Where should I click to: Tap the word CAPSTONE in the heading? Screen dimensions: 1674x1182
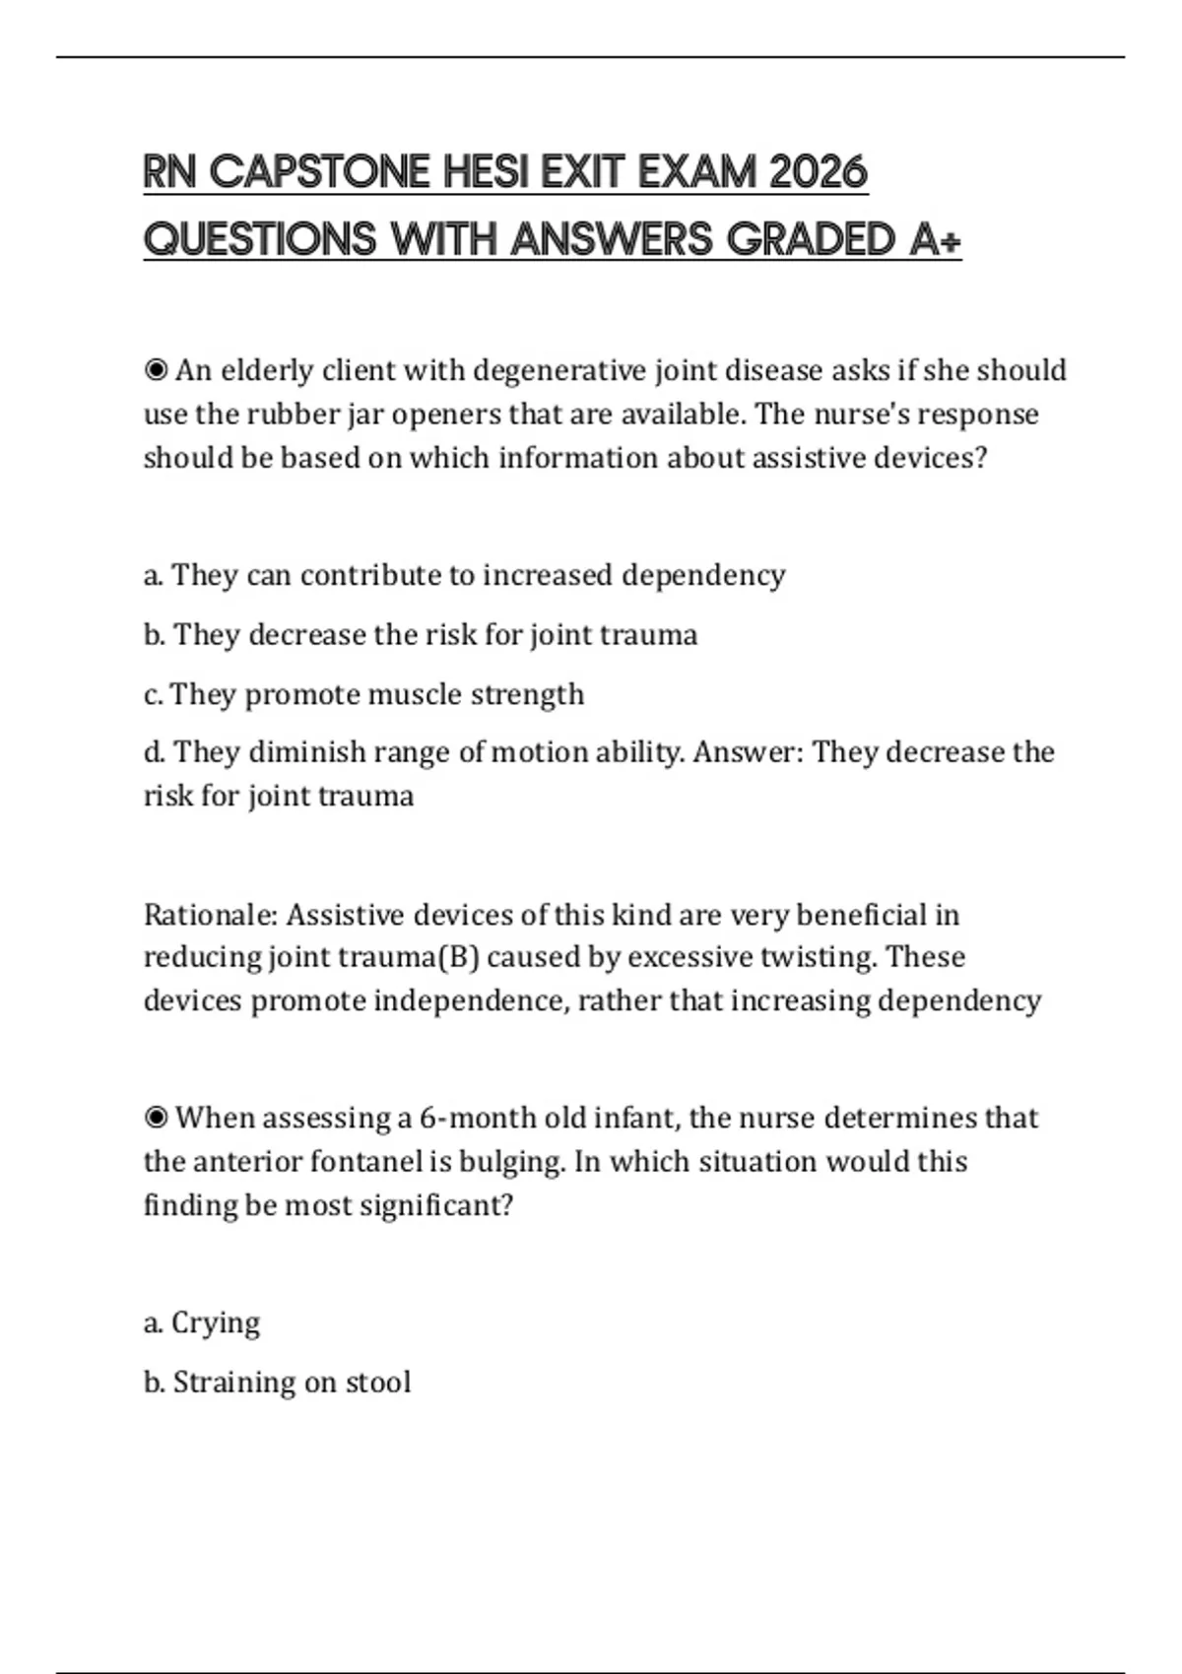[320, 172]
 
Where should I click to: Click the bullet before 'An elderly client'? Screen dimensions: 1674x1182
[156, 370]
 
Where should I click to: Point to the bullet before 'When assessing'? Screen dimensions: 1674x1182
[156, 1118]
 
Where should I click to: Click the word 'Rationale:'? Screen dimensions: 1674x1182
[211, 915]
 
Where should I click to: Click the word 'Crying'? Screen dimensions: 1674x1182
[216, 1322]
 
